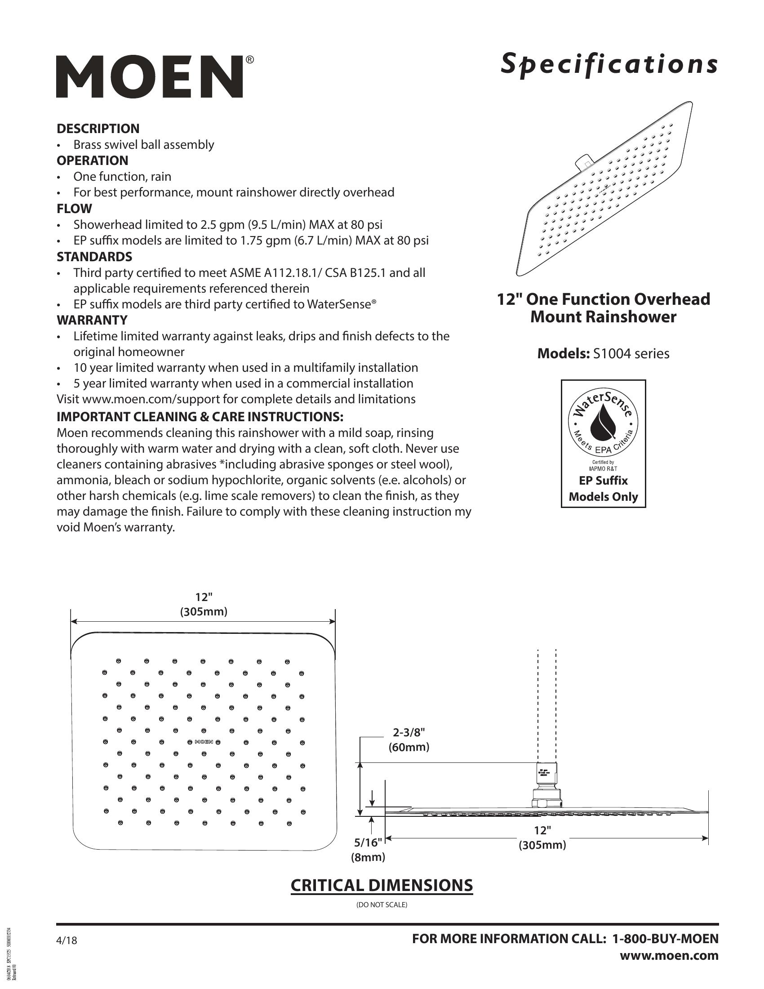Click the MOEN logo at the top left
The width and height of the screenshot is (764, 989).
tap(150, 77)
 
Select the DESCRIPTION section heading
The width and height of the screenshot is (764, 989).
tap(98, 129)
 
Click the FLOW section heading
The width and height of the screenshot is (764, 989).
tap(74, 209)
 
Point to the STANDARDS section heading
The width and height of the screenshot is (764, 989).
tap(94, 257)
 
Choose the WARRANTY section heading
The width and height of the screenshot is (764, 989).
tap(92, 320)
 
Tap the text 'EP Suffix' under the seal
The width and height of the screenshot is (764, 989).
tap(603, 481)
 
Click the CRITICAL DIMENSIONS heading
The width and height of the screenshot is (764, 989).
tap(382, 885)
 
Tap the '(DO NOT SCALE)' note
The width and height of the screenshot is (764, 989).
tap(382, 905)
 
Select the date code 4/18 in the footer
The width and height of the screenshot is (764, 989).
tap(67, 940)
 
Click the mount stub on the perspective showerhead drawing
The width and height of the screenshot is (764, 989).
tap(583, 163)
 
